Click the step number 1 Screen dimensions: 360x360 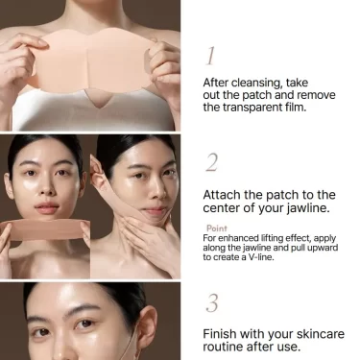pyautogui.click(x=210, y=56)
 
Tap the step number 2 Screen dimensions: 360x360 pyautogui.click(x=211, y=162)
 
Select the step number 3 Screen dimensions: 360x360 pyautogui.click(x=212, y=303)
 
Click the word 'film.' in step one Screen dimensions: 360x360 pyautogui.click(x=297, y=107)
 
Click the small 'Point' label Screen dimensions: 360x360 pyautogui.click(x=217, y=228)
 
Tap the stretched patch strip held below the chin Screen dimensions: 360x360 pyautogui.click(x=45, y=229)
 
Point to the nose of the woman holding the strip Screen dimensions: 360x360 pyautogui.click(x=47, y=188)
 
